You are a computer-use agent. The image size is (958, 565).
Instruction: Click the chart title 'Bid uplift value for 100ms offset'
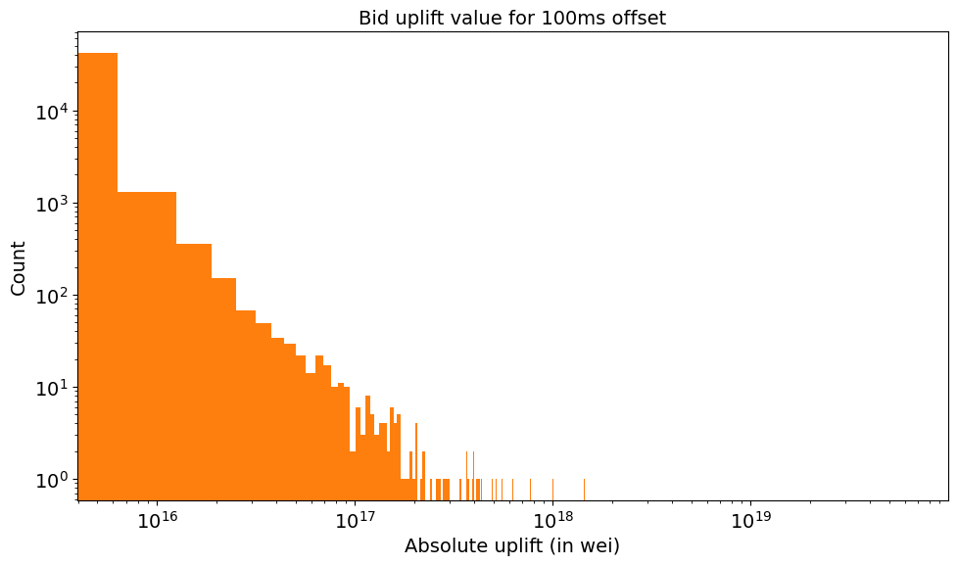pyautogui.click(x=511, y=18)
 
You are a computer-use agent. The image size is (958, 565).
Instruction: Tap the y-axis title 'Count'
pyautogui.click(x=19, y=268)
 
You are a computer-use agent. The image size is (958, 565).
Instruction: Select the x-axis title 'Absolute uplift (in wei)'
pyautogui.click(x=511, y=545)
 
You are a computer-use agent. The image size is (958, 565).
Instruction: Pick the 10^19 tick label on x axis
pyautogui.click(x=750, y=520)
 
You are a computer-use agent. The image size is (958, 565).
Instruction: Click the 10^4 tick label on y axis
pyautogui.click(x=52, y=113)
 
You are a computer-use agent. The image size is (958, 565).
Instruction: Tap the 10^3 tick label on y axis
pyautogui.click(x=52, y=205)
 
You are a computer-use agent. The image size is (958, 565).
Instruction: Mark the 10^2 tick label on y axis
pyautogui.click(x=52, y=297)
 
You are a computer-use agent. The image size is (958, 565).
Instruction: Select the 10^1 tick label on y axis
pyautogui.click(x=52, y=388)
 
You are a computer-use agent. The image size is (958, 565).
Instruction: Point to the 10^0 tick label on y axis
pyautogui.click(x=52, y=480)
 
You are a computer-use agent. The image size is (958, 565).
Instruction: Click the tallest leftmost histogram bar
pyautogui.click(x=98, y=274)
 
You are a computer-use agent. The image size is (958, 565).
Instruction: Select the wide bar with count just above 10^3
pyautogui.click(x=147, y=343)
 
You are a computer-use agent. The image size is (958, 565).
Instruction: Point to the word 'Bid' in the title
pyautogui.click(x=373, y=18)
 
